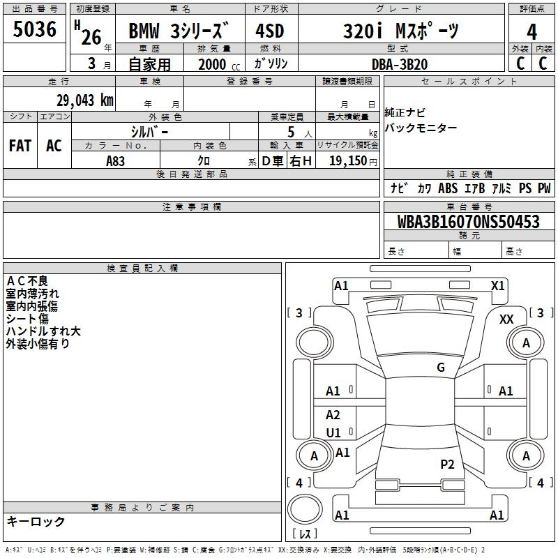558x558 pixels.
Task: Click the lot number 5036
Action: (35, 30)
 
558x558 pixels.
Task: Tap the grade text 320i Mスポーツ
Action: (402, 31)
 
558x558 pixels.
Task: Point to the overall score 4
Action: (532, 31)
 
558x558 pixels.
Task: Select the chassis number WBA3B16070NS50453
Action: (469, 222)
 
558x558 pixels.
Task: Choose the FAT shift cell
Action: (20, 146)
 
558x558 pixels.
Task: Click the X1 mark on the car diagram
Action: (497, 285)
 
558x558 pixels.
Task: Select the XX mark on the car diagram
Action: (507, 319)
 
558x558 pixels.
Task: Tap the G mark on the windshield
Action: (441, 368)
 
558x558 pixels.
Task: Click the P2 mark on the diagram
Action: (447, 464)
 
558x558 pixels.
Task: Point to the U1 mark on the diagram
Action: (333, 432)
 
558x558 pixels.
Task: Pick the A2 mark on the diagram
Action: (333, 415)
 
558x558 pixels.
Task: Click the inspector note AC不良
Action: (27, 281)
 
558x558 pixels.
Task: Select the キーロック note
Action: (36, 522)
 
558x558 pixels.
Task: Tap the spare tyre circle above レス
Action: (308, 509)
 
